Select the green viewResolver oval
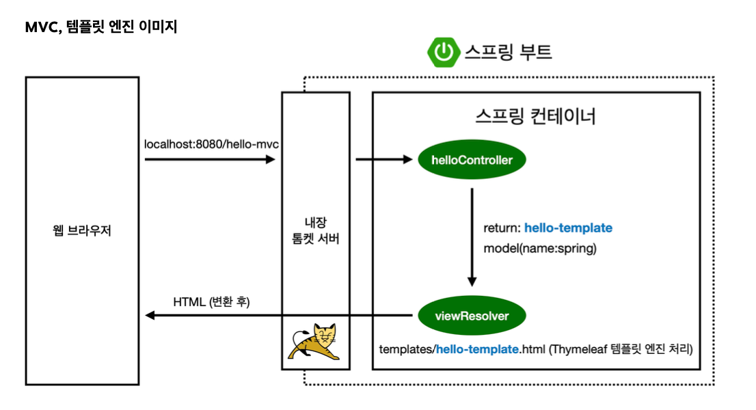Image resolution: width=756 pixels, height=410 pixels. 472,315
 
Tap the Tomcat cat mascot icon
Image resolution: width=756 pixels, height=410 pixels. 314,342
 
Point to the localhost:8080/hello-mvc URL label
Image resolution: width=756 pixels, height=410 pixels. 211,144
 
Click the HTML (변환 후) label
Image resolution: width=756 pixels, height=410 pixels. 211,301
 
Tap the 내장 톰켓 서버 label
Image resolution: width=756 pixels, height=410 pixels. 315,230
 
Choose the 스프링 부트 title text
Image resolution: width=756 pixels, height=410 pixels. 508,52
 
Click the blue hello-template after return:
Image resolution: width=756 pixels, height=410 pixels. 568,228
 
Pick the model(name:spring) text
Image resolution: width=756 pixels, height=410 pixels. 540,248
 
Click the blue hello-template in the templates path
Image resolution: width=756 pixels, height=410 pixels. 477,349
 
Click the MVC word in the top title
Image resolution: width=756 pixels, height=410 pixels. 41,29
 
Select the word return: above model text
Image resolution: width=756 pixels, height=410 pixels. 502,228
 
